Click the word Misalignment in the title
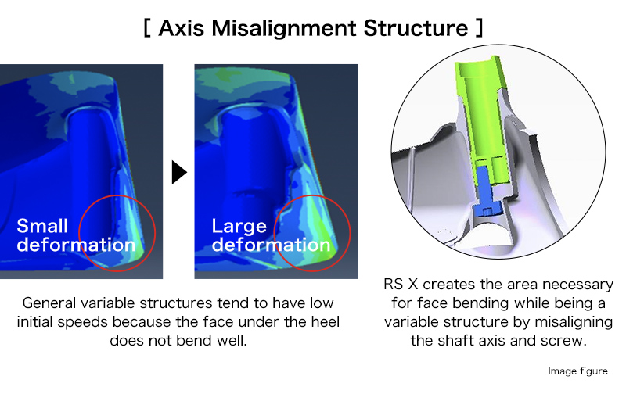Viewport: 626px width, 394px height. click(283, 29)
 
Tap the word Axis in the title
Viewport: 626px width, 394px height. click(182, 28)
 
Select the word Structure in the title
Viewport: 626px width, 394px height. click(416, 28)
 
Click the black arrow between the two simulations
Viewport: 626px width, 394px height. click(179, 172)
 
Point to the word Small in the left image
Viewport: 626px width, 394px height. click(42, 226)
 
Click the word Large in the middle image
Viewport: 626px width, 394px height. click(239, 227)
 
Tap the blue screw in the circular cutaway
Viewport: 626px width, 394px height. click(484, 189)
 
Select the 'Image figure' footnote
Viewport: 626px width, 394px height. click(577, 371)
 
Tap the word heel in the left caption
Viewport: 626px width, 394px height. click(326, 322)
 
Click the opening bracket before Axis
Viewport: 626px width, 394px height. click(147, 28)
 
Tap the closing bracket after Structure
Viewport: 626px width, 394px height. click(479, 28)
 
